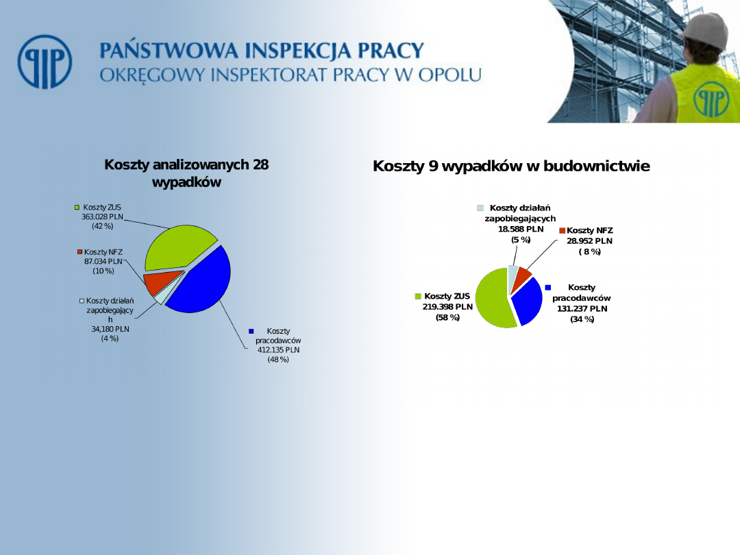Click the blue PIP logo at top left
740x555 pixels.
click(45, 62)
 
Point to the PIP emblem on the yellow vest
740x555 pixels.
click(711, 99)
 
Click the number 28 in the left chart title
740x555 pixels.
click(260, 164)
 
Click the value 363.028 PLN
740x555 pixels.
click(102, 217)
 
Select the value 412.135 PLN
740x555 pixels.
click(278, 349)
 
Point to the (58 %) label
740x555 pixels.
click(447, 318)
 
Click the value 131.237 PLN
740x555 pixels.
click(582, 308)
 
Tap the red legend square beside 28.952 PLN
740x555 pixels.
click(562, 230)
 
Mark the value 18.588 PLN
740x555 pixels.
click(521, 230)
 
